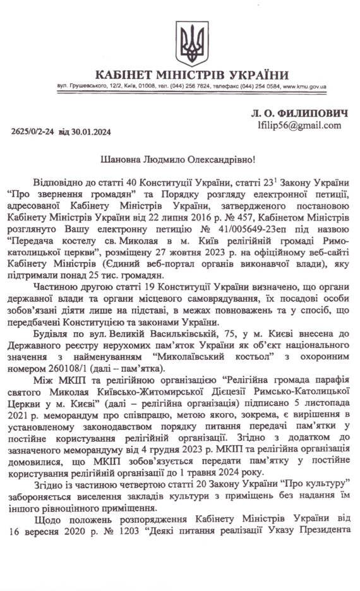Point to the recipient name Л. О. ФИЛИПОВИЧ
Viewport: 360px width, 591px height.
[x=299, y=112]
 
